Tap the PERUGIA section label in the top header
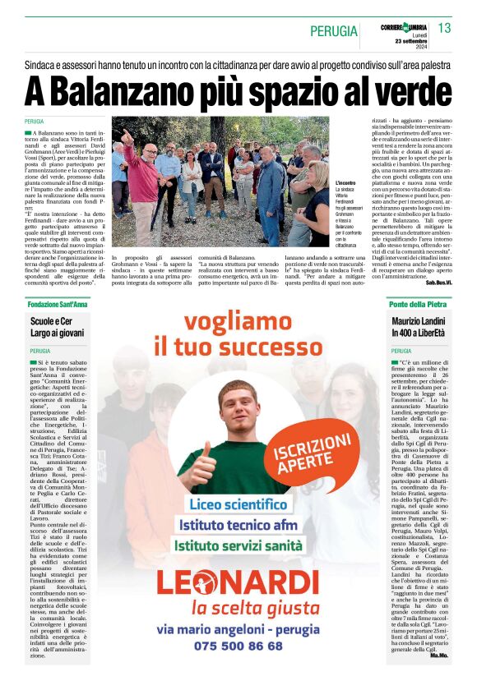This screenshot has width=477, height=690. click(334, 31)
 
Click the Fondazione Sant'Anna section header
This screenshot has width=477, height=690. click(58, 304)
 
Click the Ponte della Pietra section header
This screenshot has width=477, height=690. click(418, 304)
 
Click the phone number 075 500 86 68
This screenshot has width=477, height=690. click(238, 646)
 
